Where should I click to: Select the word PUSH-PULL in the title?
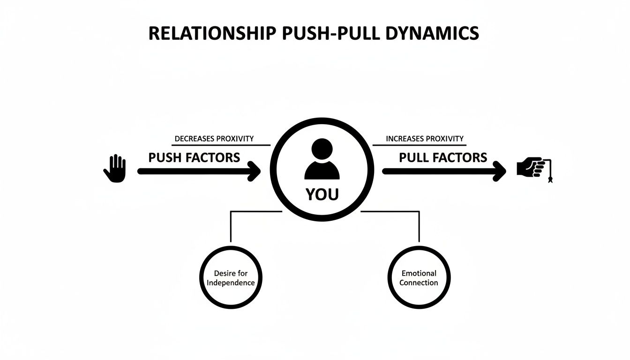[321, 34]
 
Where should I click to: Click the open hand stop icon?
[115, 169]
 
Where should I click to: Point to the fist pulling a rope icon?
[530, 167]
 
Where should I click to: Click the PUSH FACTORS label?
[194, 157]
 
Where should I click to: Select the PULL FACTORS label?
[443, 157]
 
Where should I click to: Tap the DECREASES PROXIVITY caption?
[214, 139]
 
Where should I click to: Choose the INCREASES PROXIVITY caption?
[424, 139]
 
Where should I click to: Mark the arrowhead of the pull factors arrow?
[501, 172]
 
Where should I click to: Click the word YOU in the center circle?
[322, 195]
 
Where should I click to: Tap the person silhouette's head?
[322, 150]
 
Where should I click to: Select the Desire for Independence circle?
[231, 277]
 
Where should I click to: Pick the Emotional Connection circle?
[419, 277]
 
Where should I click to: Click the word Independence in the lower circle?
[231, 283]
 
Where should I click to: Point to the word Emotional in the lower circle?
[419, 273]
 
